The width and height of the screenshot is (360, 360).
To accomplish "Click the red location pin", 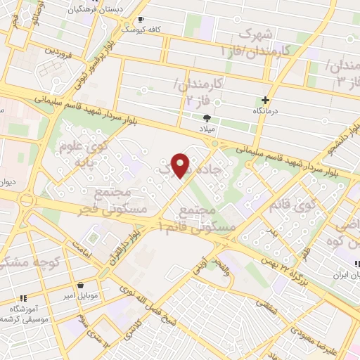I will click(181, 165).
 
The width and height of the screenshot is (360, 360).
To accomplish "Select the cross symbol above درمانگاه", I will click(265, 100).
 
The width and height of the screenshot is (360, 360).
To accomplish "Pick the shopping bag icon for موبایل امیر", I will click(84, 285).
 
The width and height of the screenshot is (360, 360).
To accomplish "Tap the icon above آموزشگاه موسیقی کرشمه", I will click(22, 297).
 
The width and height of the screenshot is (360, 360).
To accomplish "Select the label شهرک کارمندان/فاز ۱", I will click(245, 42).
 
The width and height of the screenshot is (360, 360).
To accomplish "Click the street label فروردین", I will click(60, 51).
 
